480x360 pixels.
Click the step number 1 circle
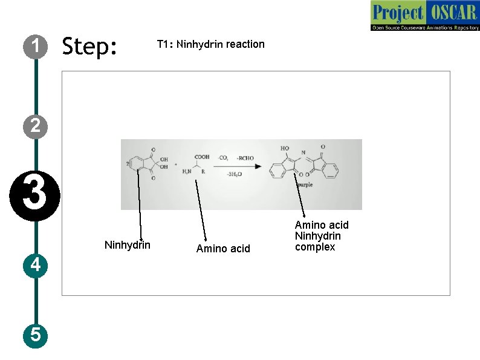pos(36,46)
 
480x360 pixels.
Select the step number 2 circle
pos(36,125)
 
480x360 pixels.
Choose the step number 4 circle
pos(36,265)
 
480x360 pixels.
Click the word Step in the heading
pos(89,46)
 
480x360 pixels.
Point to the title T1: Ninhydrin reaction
pos(210,44)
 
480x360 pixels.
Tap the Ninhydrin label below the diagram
pos(128,245)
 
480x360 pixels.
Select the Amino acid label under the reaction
pos(223,249)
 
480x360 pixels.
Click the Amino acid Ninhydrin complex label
pos(322,236)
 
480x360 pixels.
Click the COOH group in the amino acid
pos(202,157)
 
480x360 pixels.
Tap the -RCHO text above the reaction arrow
pos(245,159)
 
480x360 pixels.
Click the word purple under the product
pos(305,185)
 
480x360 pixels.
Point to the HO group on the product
pos(285,148)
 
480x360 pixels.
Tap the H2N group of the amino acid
pos(188,172)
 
